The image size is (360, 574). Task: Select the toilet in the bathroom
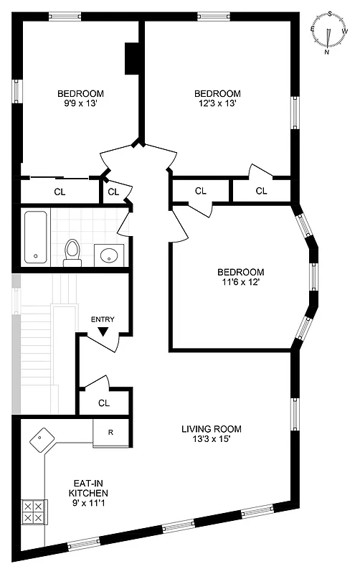tap(72, 250)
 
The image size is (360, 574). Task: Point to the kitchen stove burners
tap(33, 511)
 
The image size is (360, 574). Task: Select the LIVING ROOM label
tap(211, 429)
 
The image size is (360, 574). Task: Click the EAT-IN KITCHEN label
tap(87, 489)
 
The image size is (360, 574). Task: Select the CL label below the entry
tap(104, 403)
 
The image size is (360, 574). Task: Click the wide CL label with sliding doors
tap(60, 192)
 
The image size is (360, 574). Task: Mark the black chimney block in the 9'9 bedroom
tap(132, 59)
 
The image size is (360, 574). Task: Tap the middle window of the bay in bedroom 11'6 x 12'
tap(313, 277)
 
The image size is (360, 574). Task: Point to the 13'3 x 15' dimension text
tap(211, 441)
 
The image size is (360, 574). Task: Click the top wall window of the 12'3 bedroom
tap(209, 15)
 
